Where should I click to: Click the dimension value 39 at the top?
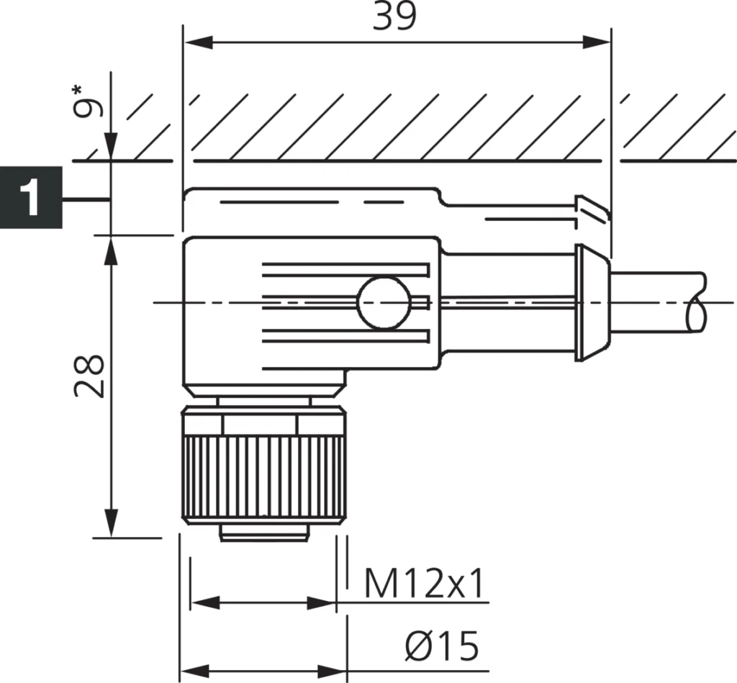394,17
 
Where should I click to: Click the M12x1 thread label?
423,584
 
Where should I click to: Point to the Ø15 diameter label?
440,646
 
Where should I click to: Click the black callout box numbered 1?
30,197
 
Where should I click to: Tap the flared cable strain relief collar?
592,302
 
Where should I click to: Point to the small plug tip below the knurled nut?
263,533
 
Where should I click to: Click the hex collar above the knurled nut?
263,424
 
